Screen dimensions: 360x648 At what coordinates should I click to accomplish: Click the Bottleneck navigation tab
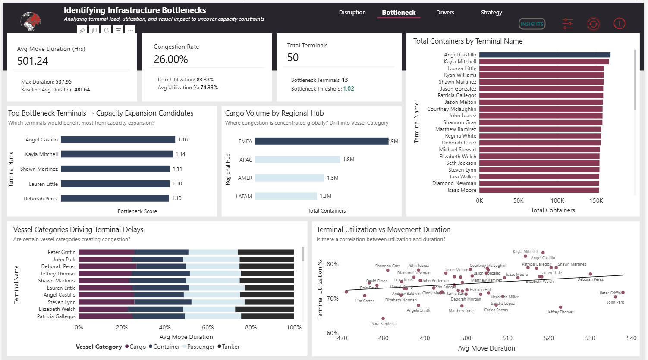pos(399,13)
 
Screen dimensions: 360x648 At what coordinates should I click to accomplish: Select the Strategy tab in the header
pos(491,13)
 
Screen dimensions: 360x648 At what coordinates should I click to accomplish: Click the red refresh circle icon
pos(593,24)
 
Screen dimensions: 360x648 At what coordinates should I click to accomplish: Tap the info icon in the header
pos(619,24)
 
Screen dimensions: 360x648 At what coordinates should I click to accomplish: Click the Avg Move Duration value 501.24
pos(33,61)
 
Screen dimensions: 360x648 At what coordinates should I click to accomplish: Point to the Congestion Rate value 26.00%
pos(171,59)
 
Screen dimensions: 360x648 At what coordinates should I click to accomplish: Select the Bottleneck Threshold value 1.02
pos(349,89)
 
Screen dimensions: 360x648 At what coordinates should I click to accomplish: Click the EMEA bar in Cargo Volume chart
pos(321,141)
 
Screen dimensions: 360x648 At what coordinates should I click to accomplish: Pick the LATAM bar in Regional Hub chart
pos(286,196)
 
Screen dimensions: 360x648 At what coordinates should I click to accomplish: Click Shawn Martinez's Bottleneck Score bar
pos(115,169)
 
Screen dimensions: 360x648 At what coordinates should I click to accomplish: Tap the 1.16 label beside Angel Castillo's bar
pos(183,140)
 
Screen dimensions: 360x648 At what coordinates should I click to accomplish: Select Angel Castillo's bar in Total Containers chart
pos(544,55)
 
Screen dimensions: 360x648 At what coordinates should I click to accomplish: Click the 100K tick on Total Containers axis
pos(557,201)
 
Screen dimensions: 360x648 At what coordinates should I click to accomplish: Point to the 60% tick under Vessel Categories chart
pos(208,328)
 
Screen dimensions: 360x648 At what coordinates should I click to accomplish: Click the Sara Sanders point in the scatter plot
pos(383,319)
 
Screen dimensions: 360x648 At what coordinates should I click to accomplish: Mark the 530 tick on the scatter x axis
pos(590,338)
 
